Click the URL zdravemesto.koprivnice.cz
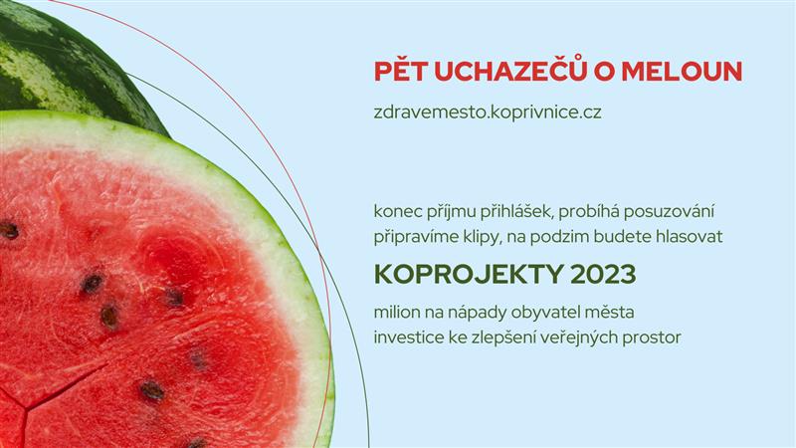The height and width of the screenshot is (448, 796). pos(488,113)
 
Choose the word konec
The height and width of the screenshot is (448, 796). pos(396,212)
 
